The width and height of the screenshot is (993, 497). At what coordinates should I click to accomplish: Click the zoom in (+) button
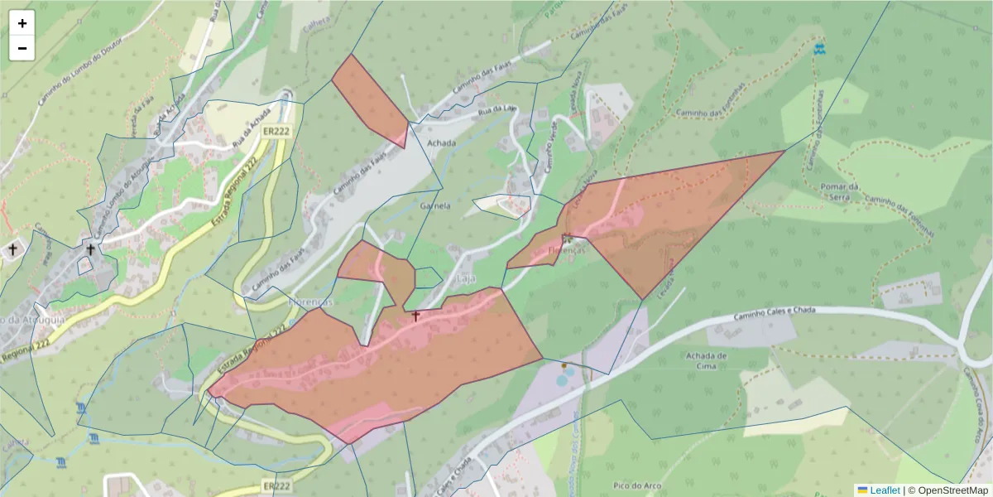[x=22, y=23]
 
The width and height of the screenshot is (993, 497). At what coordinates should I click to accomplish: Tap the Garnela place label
[x=435, y=205]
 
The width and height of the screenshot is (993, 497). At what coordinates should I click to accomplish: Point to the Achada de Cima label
[x=706, y=361]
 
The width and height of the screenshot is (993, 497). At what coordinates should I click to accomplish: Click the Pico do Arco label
[x=636, y=485]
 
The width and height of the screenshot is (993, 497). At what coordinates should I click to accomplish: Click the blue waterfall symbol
[x=819, y=49]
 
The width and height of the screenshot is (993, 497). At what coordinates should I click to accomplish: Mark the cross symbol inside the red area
[x=415, y=316]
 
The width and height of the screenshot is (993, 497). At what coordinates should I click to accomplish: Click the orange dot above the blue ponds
[x=564, y=364]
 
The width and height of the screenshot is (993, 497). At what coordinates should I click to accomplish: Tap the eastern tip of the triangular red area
[x=782, y=151]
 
